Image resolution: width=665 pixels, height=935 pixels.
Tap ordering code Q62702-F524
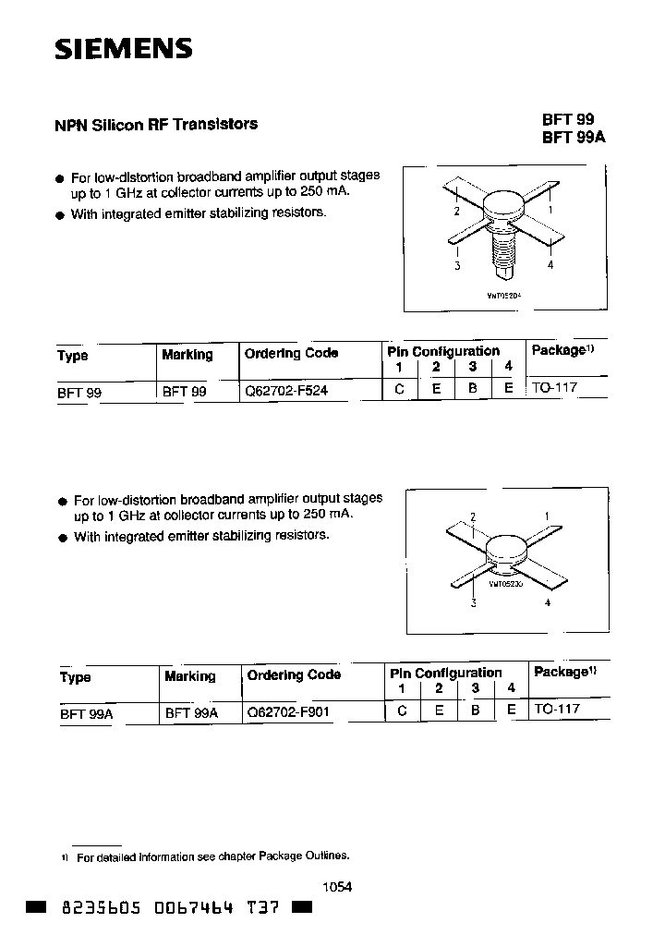click(285, 391)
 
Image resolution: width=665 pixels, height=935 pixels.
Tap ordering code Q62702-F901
click(288, 712)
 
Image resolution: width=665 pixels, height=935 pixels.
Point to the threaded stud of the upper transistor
click(502, 253)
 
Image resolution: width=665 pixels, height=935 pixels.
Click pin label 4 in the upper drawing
click(550, 265)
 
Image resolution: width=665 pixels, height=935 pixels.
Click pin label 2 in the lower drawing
click(473, 516)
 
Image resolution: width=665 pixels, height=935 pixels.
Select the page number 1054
click(337, 886)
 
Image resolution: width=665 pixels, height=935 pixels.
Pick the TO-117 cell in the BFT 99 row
click(554, 388)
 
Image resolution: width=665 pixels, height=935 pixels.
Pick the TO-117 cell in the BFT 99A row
click(557, 710)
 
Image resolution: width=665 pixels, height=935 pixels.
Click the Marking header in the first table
click(187, 355)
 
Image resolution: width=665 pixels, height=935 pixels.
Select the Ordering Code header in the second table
click(294, 675)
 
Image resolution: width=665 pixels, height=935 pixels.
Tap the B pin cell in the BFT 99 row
click(472, 390)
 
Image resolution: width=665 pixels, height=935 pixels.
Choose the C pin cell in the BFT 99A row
click(402, 711)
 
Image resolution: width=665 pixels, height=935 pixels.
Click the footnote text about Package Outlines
click(212, 857)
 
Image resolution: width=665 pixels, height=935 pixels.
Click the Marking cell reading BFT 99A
click(191, 712)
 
